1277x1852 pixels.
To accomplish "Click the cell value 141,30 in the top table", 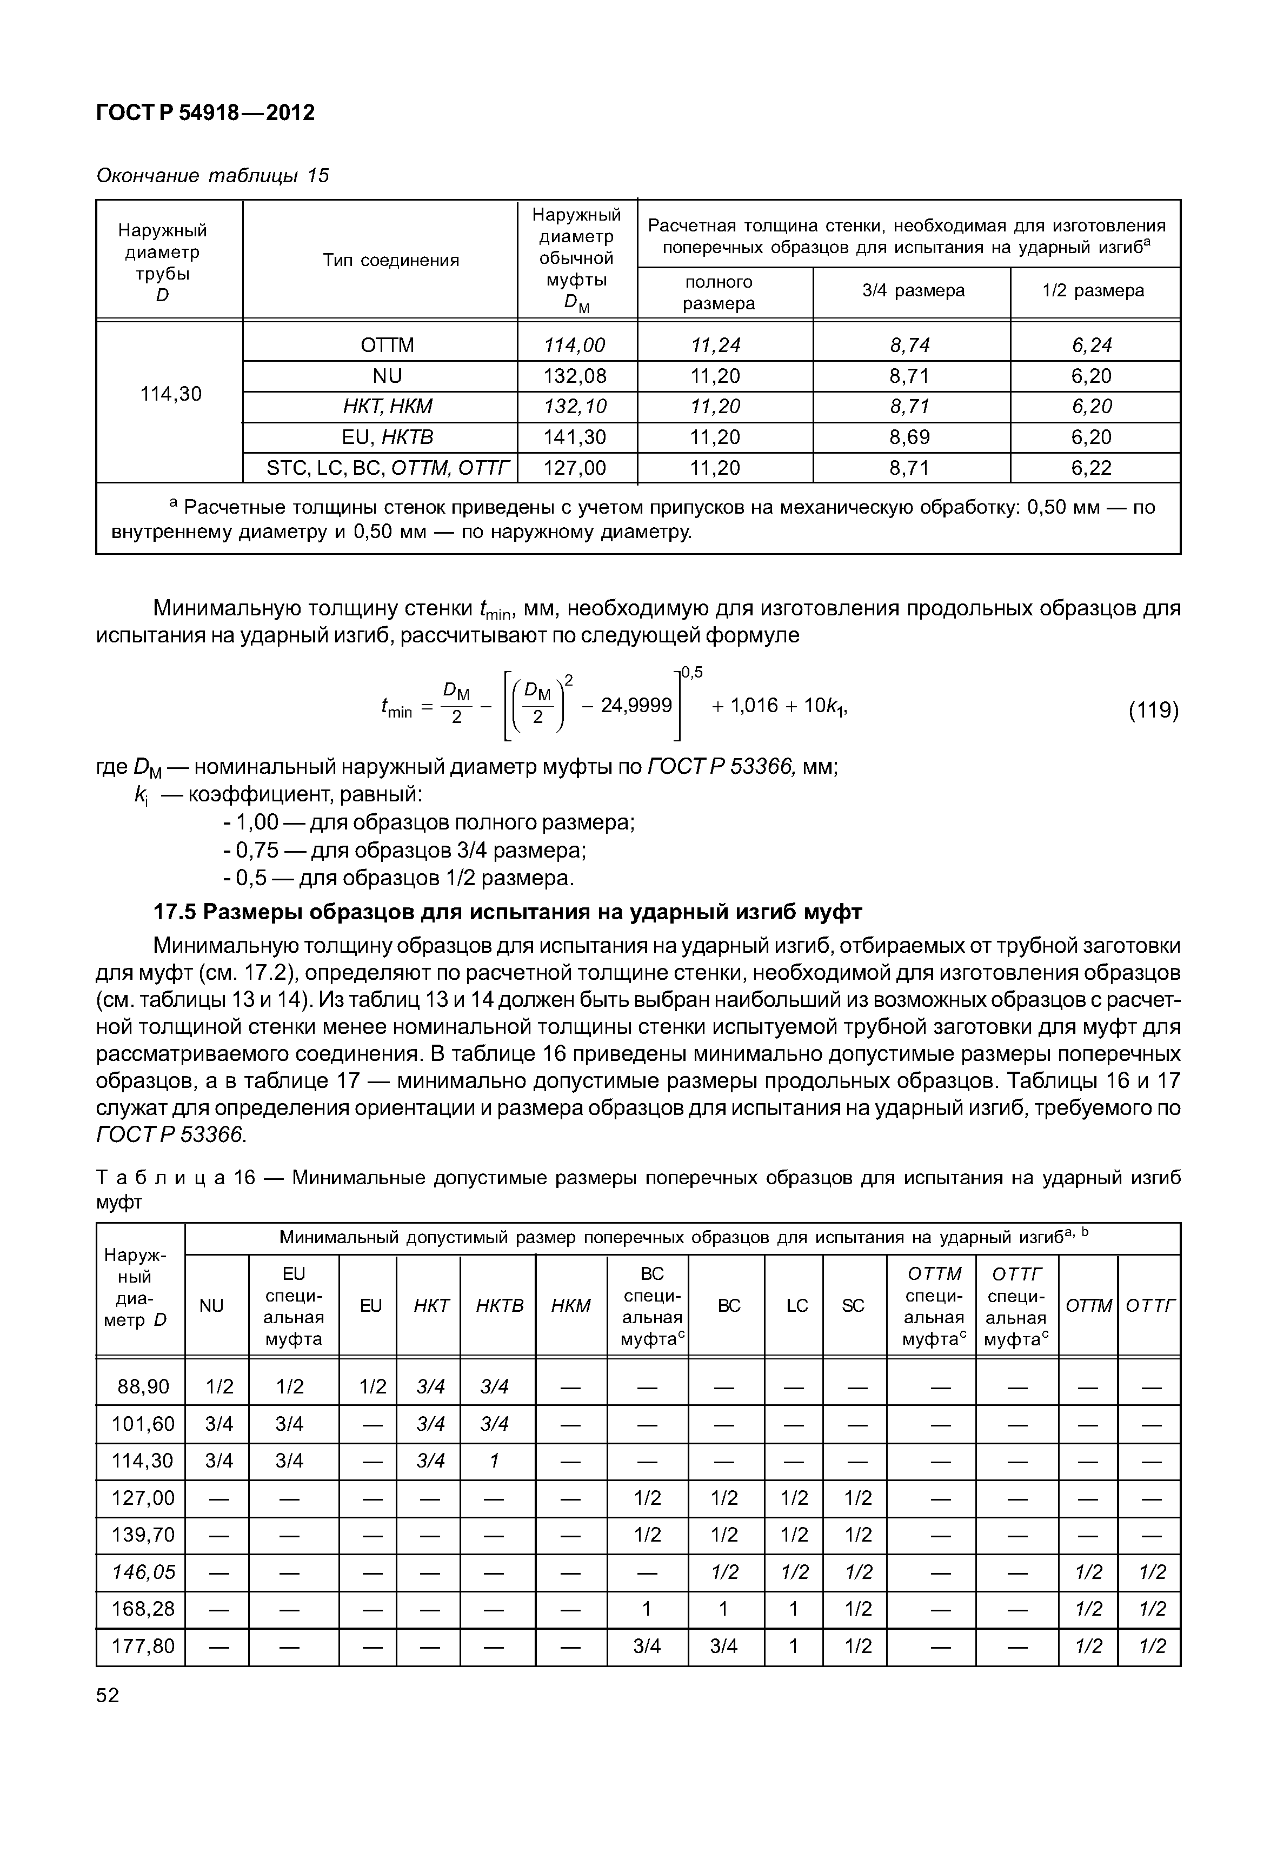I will (x=575, y=437).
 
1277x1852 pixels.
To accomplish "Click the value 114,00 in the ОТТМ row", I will (x=575, y=345).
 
